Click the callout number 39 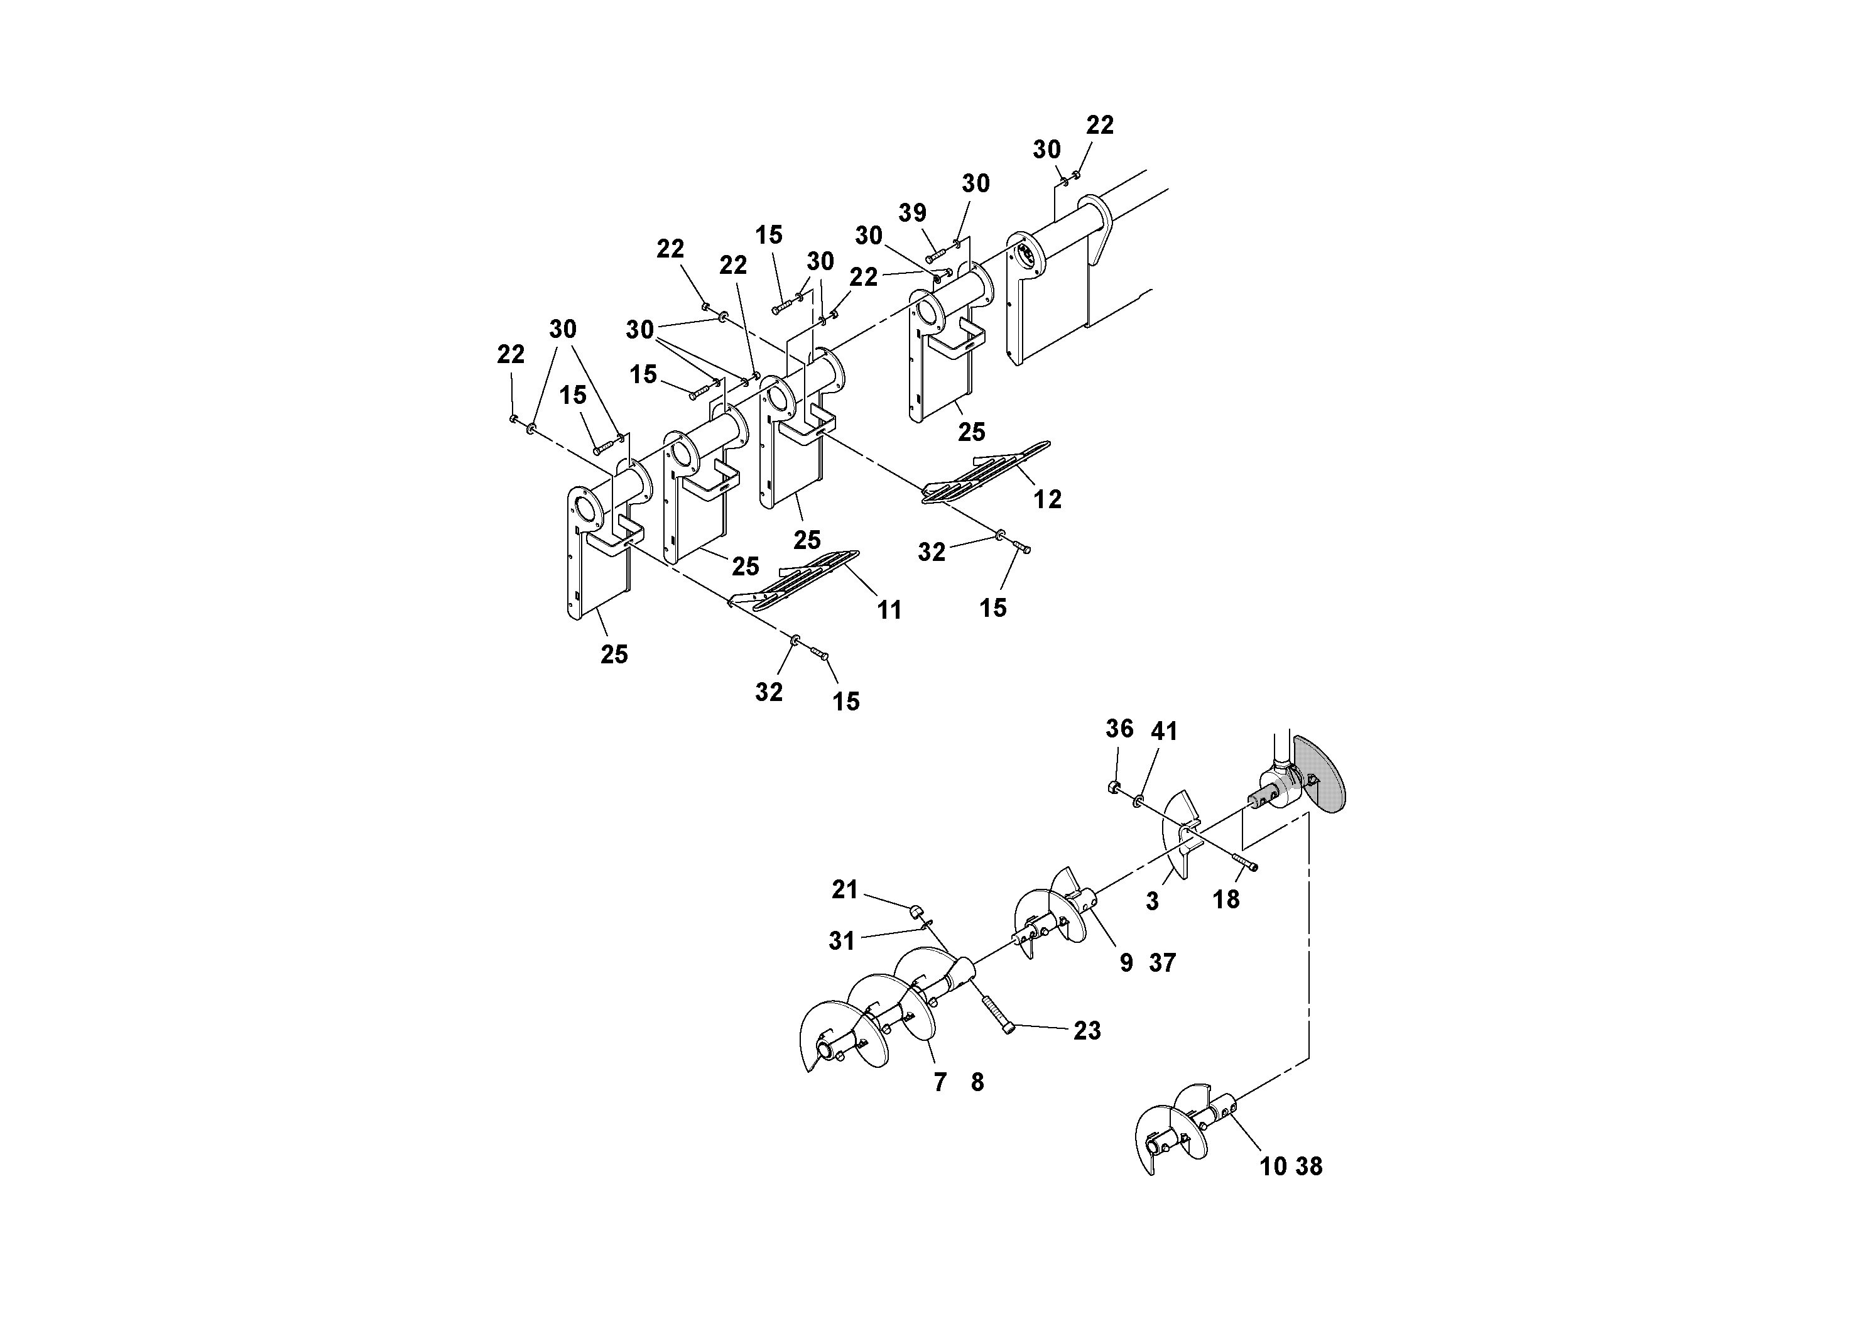click(912, 214)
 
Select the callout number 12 click(1047, 499)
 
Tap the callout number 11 click(889, 610)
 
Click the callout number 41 click(1164, 731)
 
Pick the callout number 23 click(1087, 1031)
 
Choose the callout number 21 click(845, 890)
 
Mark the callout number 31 click(841, 942)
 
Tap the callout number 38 click(1309, 1166)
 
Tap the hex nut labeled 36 click(1111, 786)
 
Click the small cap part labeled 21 click(915, 908)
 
